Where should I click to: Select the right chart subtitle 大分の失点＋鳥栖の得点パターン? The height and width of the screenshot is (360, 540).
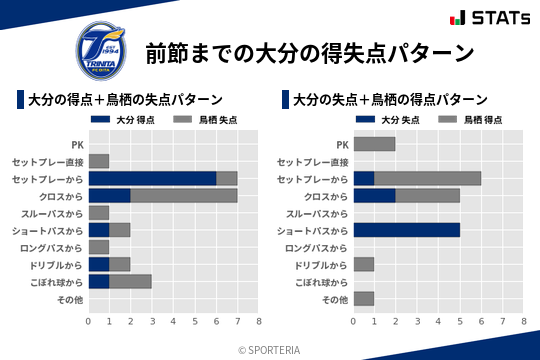(390, 100)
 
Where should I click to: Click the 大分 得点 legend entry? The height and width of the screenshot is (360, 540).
(125, 120)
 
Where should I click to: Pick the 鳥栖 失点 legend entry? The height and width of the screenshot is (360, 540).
(208, 120)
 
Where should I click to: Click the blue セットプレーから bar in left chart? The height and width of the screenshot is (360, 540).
(152, 178)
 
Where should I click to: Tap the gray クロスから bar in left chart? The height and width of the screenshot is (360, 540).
(184, 195)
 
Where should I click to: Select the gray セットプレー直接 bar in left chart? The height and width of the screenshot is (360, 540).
(99, 161)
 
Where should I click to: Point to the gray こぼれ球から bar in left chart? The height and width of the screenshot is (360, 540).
(131, 281)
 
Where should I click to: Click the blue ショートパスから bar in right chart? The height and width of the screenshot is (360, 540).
(407, 230)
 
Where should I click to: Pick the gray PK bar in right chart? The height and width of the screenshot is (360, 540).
(375, 144)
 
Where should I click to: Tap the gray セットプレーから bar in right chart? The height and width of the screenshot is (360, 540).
(428, 178)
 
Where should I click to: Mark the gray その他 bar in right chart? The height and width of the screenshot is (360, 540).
(364, 298)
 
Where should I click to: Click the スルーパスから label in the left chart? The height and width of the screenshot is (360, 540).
(55, 213)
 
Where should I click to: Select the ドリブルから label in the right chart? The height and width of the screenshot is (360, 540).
(321, 264)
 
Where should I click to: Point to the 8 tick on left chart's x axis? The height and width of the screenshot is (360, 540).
(259, 322)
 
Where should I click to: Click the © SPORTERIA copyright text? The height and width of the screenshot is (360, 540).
(270, 348)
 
